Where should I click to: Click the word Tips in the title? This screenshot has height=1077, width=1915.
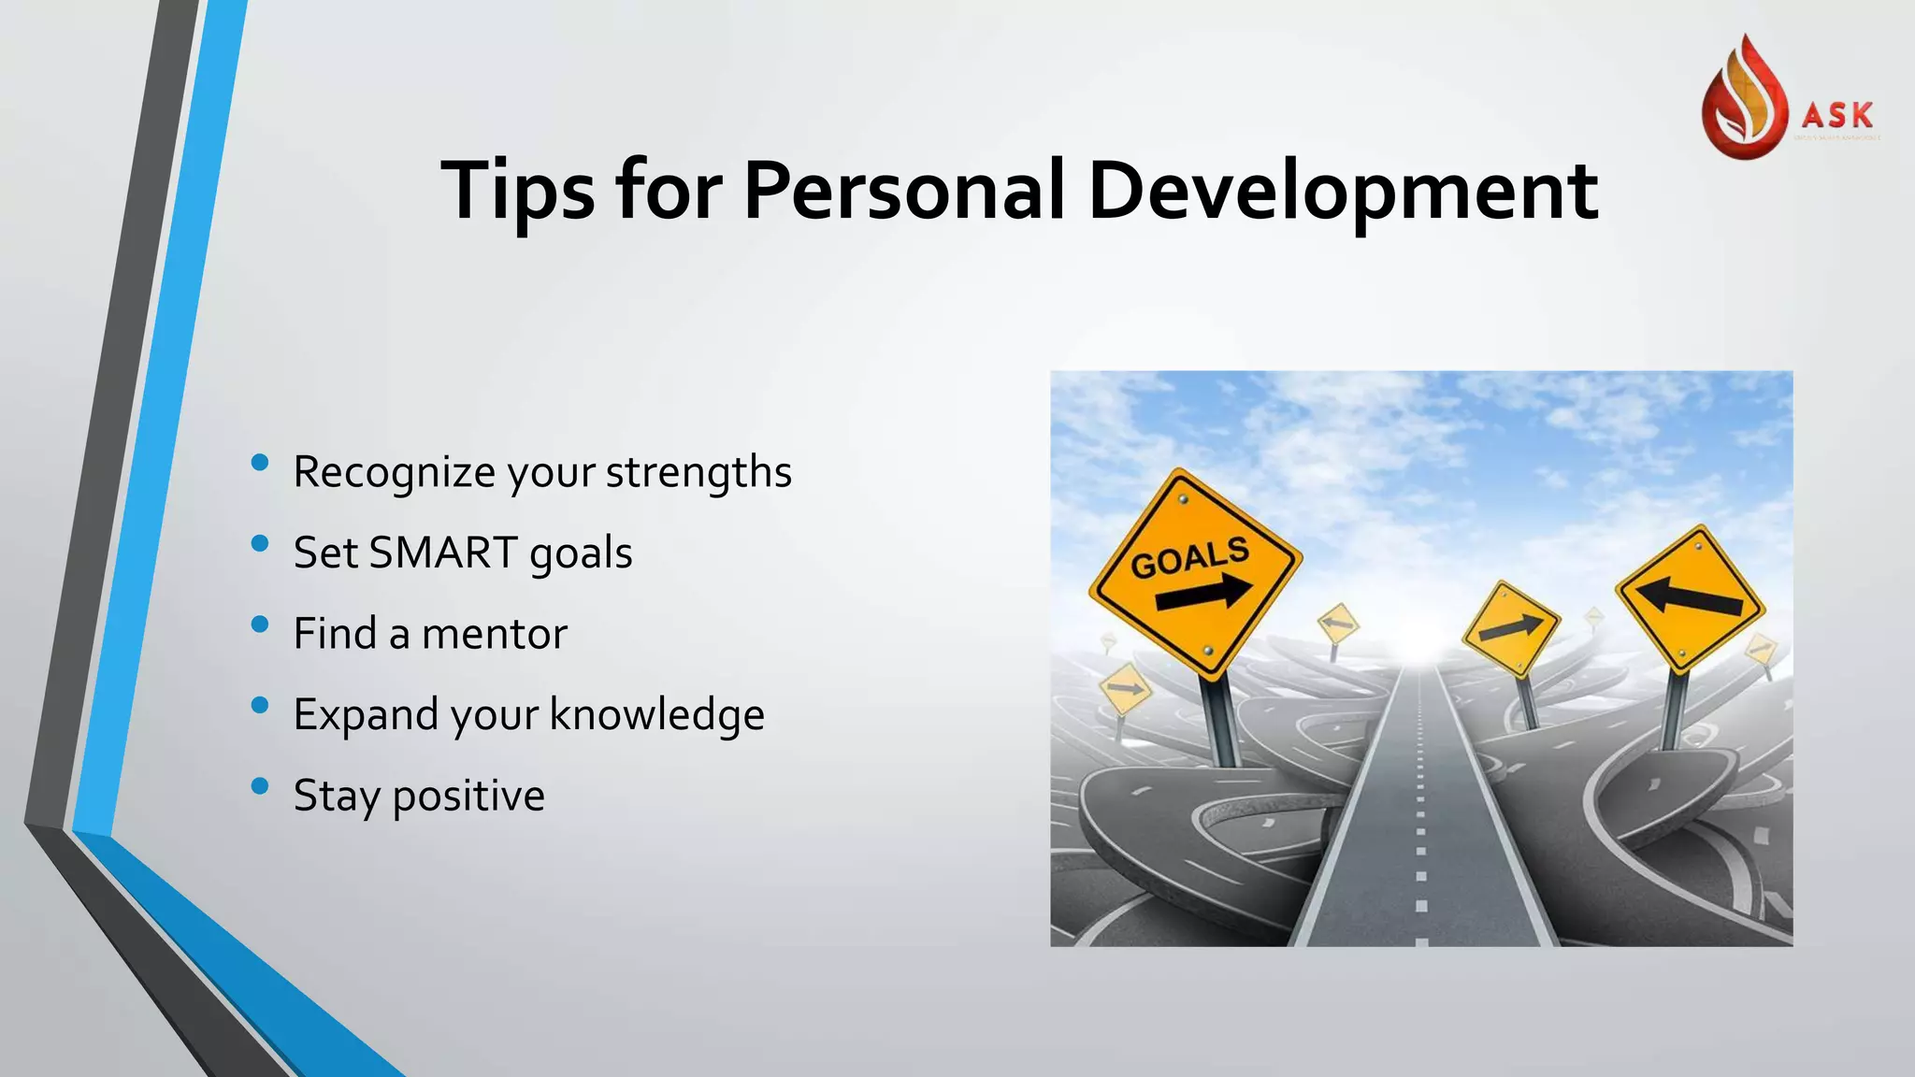coord(517,192)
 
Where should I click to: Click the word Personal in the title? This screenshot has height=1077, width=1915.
coord(903,190)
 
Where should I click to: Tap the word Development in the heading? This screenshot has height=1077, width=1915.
coord(1343,192)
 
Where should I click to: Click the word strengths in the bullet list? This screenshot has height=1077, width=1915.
coord(698,472)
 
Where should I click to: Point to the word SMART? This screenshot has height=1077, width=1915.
coord(443,553)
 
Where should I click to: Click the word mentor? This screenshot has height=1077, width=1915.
coord(494,634)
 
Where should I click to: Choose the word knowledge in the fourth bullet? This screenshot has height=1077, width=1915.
coord(656,715)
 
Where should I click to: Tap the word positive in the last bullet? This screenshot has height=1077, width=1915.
coord(468,797)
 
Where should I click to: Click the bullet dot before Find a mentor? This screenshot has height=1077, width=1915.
coord(260,625)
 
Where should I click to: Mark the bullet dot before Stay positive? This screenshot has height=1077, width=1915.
coord(260,786)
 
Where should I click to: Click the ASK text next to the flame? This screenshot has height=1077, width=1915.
coord(1837,115)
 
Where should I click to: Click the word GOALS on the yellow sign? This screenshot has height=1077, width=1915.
coord(1189,557)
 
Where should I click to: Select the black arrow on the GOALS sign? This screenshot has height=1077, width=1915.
coord(1204,593)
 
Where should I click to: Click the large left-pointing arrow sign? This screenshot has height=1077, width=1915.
coord(1690,598)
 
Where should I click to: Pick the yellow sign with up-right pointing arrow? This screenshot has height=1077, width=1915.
coord(1511,628)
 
